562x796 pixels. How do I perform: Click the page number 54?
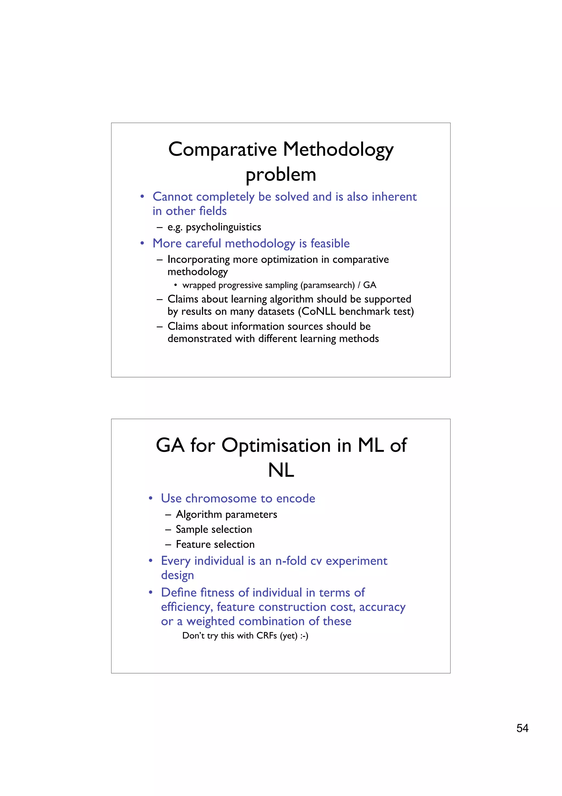tap(522, 728)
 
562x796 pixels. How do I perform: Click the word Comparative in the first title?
tap(222, 149)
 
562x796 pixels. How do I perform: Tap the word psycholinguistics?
tap(223, 227)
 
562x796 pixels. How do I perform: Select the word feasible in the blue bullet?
tap(330, 243)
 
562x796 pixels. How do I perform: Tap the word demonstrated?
tap(199, 338)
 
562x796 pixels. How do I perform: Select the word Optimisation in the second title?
tap(276, 446)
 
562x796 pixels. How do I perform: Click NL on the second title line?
tap(281, 471)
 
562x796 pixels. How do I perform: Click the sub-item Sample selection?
tap(214, 529)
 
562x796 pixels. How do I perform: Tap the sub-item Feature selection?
tap(215, 544)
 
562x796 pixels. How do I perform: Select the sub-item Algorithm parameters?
tap(226, 514)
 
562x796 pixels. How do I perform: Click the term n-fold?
tap(291, 561)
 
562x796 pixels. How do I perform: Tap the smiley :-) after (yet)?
tap(304, 636)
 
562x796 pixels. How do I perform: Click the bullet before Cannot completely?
tap(142, 197)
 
